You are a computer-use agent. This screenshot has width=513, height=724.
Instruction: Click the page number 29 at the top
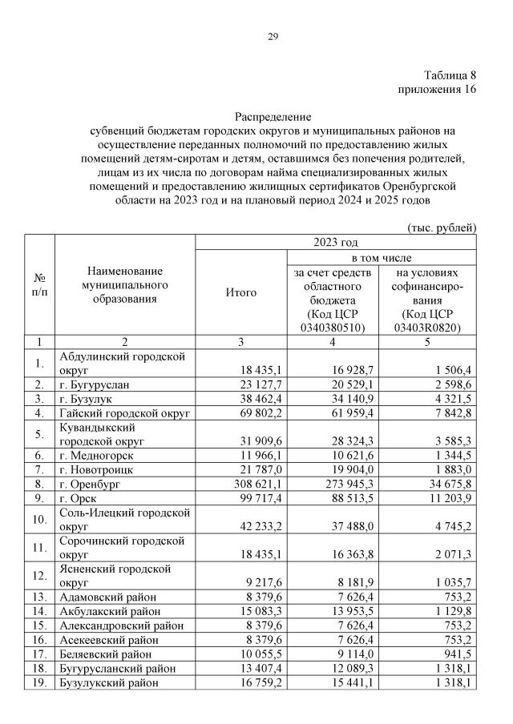pyautogui.click(x=273, y=37)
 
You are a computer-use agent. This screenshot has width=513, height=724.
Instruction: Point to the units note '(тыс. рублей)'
pyautogui.click(x=442, y=227)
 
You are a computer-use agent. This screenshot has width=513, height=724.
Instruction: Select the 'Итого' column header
pyautogui.click(x=241, y=292)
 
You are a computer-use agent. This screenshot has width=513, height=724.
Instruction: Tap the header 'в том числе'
pyautogui.click(x=382, y=259)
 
